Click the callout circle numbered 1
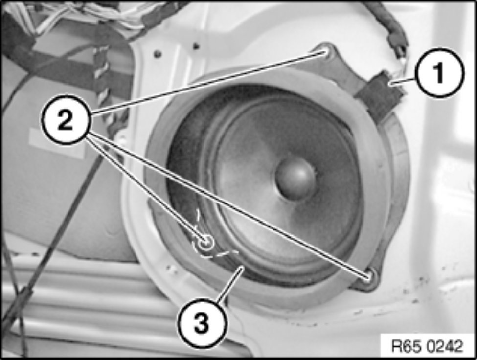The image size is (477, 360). (x=440, y=73)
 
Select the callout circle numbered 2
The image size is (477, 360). (x=66, y=119)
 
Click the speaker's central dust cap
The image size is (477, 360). (x=295, y=178)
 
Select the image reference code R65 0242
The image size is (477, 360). (x=427, y=346)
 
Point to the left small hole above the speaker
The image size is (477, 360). (x=157, y=54)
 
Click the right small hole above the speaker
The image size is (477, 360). (x=196, y=46)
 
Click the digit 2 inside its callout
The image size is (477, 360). (x=66, y=120)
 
